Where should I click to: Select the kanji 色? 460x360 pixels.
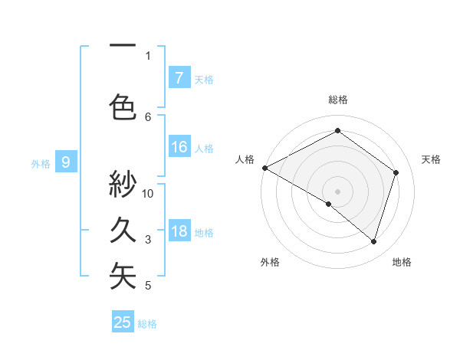[x=123, y=106]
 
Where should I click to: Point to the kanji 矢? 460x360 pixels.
[x=123, y=277]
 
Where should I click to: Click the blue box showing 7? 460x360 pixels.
[x=179, y=77]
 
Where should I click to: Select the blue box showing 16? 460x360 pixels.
[x=179, y=147]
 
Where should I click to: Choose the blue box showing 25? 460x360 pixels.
[x=122, y=322]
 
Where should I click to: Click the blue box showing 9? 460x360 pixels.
[x=66, y=162]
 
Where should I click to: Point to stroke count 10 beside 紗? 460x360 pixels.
[x=149, y=193]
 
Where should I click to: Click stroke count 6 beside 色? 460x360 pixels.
[x=149, y=116]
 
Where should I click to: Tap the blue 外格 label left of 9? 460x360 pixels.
[x=41, y=163]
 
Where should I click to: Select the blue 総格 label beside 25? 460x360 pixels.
[x=147, y=324]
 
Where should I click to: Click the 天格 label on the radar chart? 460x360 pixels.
[x=431, y=159]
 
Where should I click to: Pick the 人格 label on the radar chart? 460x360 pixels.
[x=244, y=159]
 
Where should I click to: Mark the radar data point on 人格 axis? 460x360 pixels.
[x=264, y=168]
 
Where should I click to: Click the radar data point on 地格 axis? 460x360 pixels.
[x=373, y=241]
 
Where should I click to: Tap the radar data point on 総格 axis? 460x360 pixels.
[x=337, y=131]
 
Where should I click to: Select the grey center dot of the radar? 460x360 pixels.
[x=337, y=191]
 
